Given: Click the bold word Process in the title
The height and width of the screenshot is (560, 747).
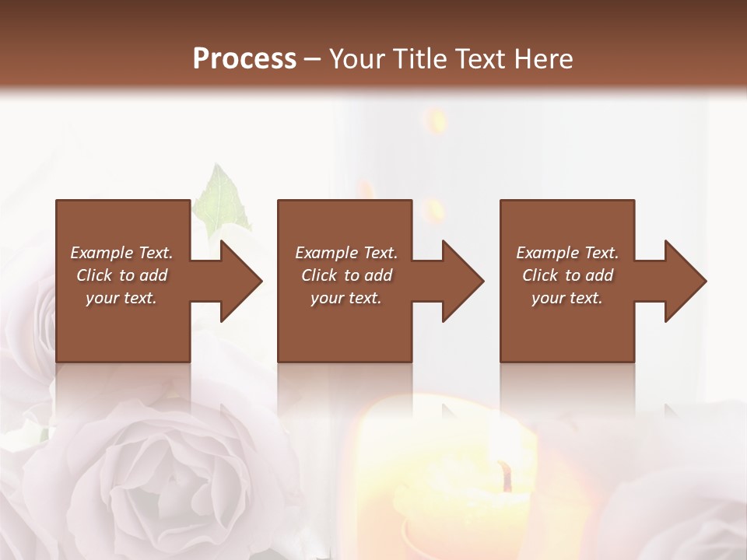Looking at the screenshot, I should point(244,59).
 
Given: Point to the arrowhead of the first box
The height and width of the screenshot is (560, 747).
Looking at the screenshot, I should point(241,281).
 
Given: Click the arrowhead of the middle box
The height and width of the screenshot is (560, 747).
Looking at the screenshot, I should point(463,281).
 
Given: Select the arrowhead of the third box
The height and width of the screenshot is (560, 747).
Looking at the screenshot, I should point(686,281).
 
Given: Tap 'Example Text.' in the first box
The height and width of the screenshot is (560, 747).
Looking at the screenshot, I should point(121,253).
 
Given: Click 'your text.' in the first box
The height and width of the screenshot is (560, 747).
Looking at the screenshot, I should point(121,298).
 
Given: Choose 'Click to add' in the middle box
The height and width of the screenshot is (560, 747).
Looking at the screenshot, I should point(346,275).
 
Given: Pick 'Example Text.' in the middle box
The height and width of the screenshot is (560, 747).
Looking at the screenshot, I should point(346,253).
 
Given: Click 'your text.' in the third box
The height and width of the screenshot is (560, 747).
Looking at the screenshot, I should point(567,298).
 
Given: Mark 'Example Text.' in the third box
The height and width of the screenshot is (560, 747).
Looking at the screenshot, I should point(567,253).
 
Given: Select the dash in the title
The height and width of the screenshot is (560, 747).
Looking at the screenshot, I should point(313,59).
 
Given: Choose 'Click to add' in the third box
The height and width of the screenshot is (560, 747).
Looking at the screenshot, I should point(567,275).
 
